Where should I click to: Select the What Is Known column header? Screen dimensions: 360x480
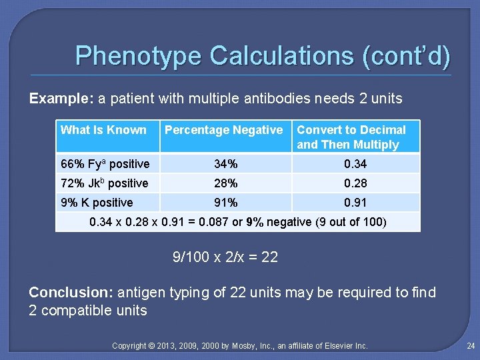coord(103,130)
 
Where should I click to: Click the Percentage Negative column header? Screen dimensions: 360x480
coord(223,130)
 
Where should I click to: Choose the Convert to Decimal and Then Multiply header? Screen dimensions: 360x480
coord(351,137)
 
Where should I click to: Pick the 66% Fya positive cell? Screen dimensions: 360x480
coord(105,164)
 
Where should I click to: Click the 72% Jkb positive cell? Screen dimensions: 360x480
coord(105,183)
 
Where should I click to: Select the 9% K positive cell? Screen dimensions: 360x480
coord(97,203)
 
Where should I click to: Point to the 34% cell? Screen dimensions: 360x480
coord(225,164)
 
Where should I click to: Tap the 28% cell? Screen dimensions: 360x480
coord(225,183)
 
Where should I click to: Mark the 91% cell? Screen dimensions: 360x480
coord(225,203)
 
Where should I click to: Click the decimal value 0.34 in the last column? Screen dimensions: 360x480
coord(355,164)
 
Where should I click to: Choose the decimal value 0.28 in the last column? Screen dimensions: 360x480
coord(355,183)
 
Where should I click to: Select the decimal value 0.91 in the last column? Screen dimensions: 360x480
coord(355,203)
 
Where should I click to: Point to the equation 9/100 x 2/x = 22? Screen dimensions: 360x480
coord(225,257)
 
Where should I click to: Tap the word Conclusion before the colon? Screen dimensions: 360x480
coord(70,293)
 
